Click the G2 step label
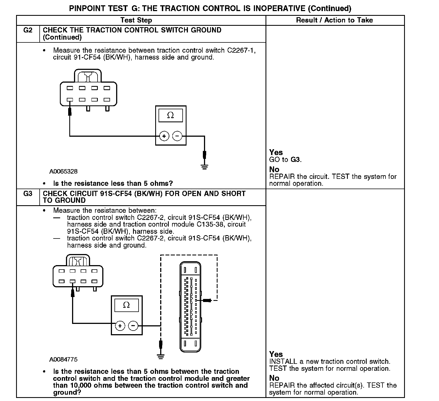pos(28,30)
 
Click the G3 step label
pos(28,194)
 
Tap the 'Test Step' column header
pos(136,20)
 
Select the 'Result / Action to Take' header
pos(335,20)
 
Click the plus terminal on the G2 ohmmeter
pos(164,136)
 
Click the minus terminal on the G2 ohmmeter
pos(177,136)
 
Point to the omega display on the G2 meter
pos(170,115)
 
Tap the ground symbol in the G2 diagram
pos(204,167)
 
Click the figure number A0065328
pos(63,171)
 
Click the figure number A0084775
pos(63,360)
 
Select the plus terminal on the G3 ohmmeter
pos(120,326)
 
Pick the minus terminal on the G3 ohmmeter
pos(133,326)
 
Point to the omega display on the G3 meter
pos(126,305)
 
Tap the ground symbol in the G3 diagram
pos(160,356)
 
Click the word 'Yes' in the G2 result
pos(276,152)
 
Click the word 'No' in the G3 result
pos(274,378)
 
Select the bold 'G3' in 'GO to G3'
pos(295,159)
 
